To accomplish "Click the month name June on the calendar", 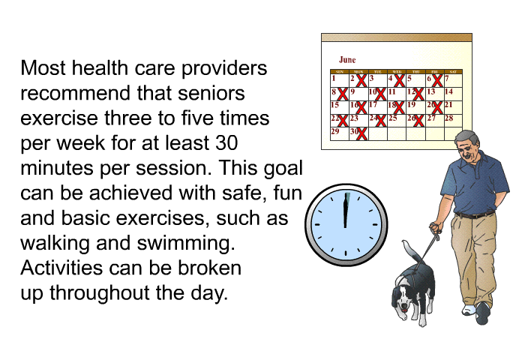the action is (x=347, y=60).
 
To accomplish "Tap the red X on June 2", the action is (x=361, y=81).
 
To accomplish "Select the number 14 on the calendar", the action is (x=449, y=91).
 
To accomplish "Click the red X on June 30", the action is (x=361, y=133).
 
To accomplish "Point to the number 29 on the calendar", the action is (x=334, y=131).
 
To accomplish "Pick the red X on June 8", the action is (x=343, y=94).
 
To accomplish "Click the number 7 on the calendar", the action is (x=447, y=78).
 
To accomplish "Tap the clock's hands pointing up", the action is (x=346, y=210).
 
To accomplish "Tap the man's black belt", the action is (x=475, y=214).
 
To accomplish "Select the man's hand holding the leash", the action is (x=436, y=228).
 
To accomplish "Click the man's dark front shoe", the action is (x=482, y=313).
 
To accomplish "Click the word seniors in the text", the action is (x=211, y=93).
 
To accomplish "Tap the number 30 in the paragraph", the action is (x=226, y=142).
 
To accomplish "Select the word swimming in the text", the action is (x=186, y=244).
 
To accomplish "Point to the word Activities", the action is (x=61, y=268).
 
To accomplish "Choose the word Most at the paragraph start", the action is (x=43, y=68).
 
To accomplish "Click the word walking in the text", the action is (x=55, y=244).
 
